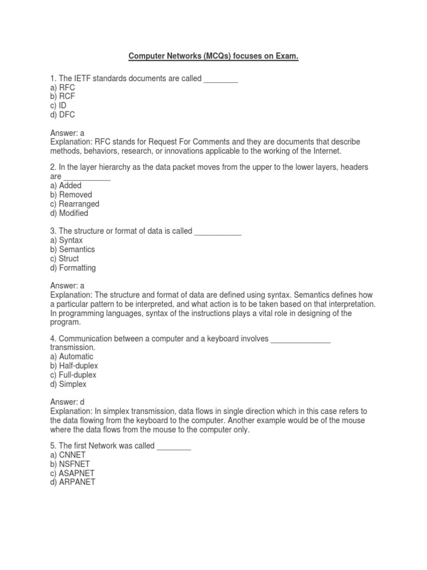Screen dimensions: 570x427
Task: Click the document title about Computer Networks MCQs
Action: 213,57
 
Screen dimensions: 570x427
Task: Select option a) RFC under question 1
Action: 62,88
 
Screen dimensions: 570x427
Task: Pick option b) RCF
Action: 62,97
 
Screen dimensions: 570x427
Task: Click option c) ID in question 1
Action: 58,106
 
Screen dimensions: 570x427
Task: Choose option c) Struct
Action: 64,258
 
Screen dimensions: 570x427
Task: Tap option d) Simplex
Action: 68,384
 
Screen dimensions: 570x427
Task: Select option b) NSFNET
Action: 70,464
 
